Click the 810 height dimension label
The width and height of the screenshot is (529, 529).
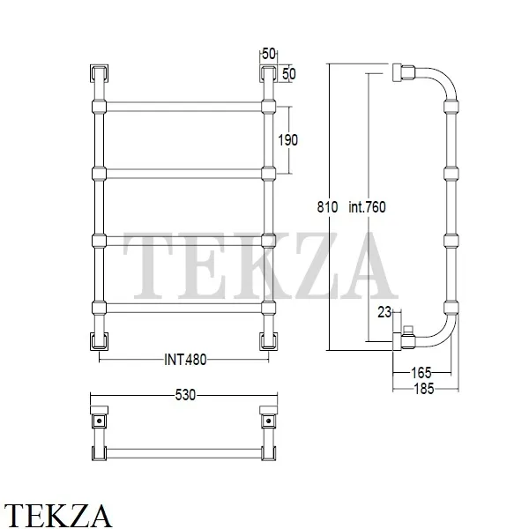tap(327, 207)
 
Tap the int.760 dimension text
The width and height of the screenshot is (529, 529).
tap(367, 207)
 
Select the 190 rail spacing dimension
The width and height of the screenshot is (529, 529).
tap(287, 139)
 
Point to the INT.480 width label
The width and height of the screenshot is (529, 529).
tap(185, 360)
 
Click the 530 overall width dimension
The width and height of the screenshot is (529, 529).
tap(185, 395)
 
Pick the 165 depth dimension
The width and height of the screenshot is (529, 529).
tap(421, 373)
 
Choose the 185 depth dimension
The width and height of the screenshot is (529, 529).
tap(424, 389)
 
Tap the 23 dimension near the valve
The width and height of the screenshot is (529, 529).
tap(384, 312)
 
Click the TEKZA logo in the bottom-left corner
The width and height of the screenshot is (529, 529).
tap(57, 515)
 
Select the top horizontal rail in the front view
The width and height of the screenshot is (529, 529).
tap(184, 107)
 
